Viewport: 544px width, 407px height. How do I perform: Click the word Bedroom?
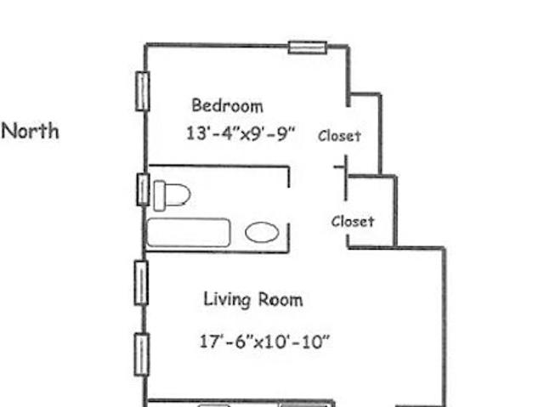(x=227, y=105)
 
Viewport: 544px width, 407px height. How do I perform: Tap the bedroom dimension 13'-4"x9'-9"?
(x=241, y=133)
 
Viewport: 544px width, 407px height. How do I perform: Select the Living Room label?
(x=253, y=300)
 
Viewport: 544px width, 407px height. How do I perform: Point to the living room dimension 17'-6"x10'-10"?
(x=264, y=342)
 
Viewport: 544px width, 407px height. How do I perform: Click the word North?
(x=31, y=132)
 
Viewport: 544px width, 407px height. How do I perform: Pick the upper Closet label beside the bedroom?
(x=339, y=136)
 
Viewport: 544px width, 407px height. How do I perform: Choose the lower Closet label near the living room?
(x=353, y=222)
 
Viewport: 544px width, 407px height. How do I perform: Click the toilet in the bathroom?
(x=172, y=195)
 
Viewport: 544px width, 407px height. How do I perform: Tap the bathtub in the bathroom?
(x=189, y=233)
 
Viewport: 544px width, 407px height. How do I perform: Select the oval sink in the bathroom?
(x=262, y=232)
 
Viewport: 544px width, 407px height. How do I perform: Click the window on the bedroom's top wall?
(x=308, y=48)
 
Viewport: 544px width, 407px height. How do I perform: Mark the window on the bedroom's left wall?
(x=142, y=91)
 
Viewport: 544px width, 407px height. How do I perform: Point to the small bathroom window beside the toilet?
(x=143, y=189)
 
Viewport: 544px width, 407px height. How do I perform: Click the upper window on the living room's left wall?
(x=141, y=283)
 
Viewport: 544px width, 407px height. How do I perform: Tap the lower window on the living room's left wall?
(x=142, y=354)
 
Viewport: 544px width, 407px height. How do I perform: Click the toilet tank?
(x=159, y=196)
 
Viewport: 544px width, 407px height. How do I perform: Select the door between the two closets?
(x=345, y=178)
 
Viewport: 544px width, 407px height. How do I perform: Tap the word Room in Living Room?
(x=281, y=300)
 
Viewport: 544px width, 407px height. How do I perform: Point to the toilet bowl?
(x=178, y=195)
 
